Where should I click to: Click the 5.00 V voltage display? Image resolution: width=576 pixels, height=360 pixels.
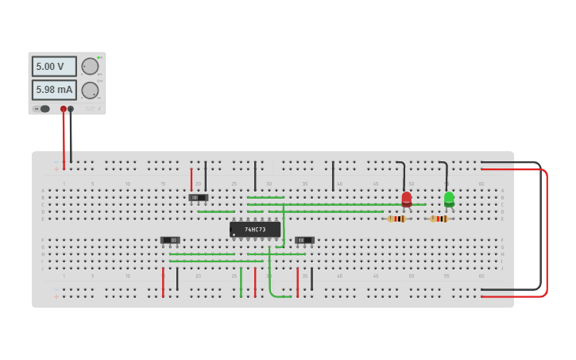54,67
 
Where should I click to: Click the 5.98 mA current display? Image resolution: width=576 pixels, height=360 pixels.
54,90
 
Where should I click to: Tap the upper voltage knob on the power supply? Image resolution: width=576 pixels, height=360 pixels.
90,66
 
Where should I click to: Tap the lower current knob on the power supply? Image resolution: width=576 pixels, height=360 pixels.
90,90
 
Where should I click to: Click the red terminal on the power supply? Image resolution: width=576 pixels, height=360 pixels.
64,109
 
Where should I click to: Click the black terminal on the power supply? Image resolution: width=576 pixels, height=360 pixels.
71,109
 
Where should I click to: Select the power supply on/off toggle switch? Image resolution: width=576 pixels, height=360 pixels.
44,109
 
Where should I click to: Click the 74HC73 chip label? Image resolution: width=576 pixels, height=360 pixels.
255,230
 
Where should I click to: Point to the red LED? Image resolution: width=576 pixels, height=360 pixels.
407,198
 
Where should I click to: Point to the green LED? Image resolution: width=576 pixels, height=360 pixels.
449,198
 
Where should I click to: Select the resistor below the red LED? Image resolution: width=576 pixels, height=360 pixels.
397,219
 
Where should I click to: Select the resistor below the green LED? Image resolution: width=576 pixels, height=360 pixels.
439,219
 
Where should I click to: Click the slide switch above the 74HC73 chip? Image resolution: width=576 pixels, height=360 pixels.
199,197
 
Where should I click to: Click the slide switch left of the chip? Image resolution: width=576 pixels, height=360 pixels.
170,240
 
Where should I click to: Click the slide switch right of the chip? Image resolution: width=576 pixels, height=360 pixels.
304,240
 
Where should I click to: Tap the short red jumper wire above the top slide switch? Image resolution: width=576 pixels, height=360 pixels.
191,178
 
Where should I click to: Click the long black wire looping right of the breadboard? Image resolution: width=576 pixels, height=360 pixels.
540,230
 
